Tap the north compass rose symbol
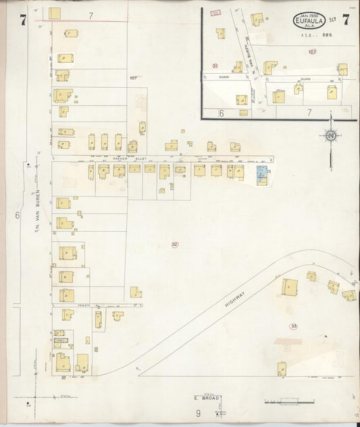tap(331, 136)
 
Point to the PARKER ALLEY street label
tap(130, 159)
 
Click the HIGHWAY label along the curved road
tap(236, 296)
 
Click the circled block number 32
tap(174, 244)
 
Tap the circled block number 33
tap(293, 326)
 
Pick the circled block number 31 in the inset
tap(215, 66)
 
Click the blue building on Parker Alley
tap(261, 174)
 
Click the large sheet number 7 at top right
tap(346, 19)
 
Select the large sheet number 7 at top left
tap(22, 19)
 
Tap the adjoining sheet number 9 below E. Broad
tap(199, 413)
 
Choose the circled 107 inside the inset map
tap(311, 51)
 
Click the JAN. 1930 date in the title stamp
tap(307, 15)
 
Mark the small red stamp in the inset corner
tap(216, 13)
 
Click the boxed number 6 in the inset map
tap(221, 114)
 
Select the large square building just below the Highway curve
tap(290, 286)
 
